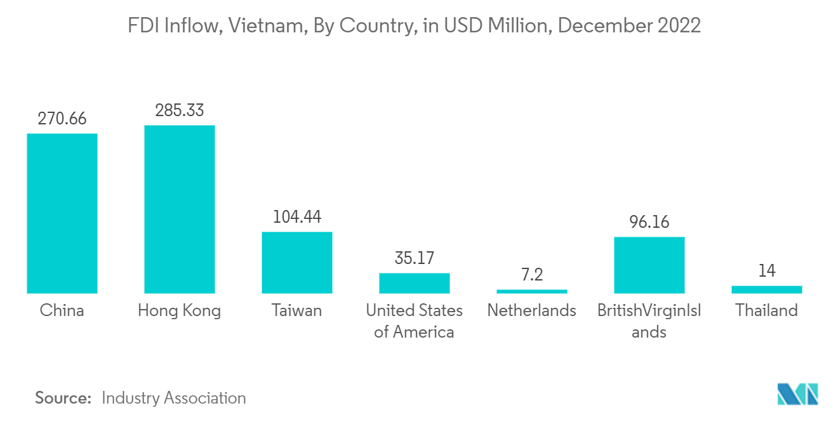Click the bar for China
pyautogui.click(x=62, y=213)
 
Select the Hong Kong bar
pyautogui.click(x=180, y=209)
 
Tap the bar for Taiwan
pyautogui.click(x=297, y=262)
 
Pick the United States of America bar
pyautogui.click(x=415, y=283)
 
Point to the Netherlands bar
pyautogui.click(x=532, y=291)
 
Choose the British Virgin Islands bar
pyautogui.click(x=649, y=265)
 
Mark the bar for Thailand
pyautogui.click(x=767, y=289)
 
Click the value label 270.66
pyautogui.click(x=62, y=119)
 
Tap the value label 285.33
pyautogui.click(x=180, y=110)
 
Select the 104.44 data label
pyautogui.click(x=297, y=217)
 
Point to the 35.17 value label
pyautogui.click(x=415, y=258)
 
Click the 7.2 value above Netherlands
pyautogui.click(x=532, y=275)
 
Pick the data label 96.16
pyautogui.click(x=649, y=222)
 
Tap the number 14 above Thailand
pyautogui.click(x=767, y=271)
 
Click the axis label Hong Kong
pyautogui.click(x=180, y=311)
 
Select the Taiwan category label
pyautogui.click(x=297, y=311)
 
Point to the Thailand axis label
pyautogui.click(x=767, y=311)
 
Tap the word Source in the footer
pyautogui.click(x=63, y=399)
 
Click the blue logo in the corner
pyautogui.click(x=797, y=394)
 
